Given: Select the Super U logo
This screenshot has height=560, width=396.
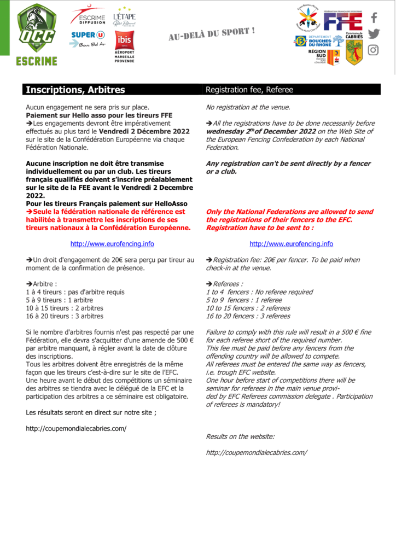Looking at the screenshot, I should coord(88,38).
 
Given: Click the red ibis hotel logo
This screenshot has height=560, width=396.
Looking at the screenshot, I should coord(124,41).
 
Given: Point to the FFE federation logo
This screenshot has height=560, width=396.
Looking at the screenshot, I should coord(343,21).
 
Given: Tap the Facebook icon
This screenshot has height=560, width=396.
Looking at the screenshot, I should coord(374,18).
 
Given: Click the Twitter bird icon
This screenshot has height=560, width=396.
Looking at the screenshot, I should coord(374,34).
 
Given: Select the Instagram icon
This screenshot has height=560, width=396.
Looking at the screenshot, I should coord(374,50).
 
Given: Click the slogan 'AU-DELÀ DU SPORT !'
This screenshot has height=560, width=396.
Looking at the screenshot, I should coord(211,33).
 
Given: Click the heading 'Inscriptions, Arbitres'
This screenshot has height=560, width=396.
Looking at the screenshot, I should coord(75,90).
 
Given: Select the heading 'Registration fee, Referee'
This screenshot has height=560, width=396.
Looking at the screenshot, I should coord(249,90).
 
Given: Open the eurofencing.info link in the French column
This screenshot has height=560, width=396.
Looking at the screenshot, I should coord(112,244).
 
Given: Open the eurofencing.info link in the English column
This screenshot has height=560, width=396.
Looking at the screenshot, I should coord(291,244).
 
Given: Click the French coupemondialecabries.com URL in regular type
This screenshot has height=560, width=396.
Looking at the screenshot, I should coord(76,428).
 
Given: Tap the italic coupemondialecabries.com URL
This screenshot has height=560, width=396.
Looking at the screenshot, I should coord(256,452).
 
